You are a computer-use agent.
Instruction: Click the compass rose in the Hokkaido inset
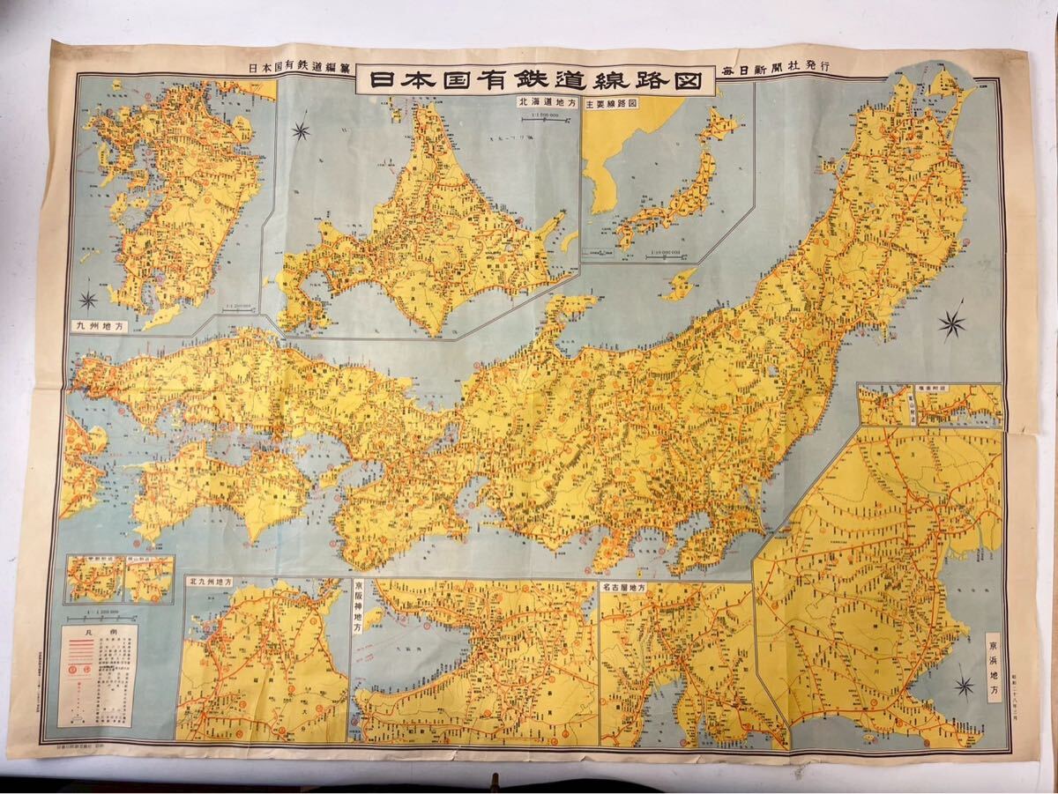click(x=301, y=132)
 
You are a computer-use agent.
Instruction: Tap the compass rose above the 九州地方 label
click(x=88, y=300)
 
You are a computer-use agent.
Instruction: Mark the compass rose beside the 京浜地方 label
click(x=964, y=686)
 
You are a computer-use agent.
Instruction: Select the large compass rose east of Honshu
click(x=952, y=324)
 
